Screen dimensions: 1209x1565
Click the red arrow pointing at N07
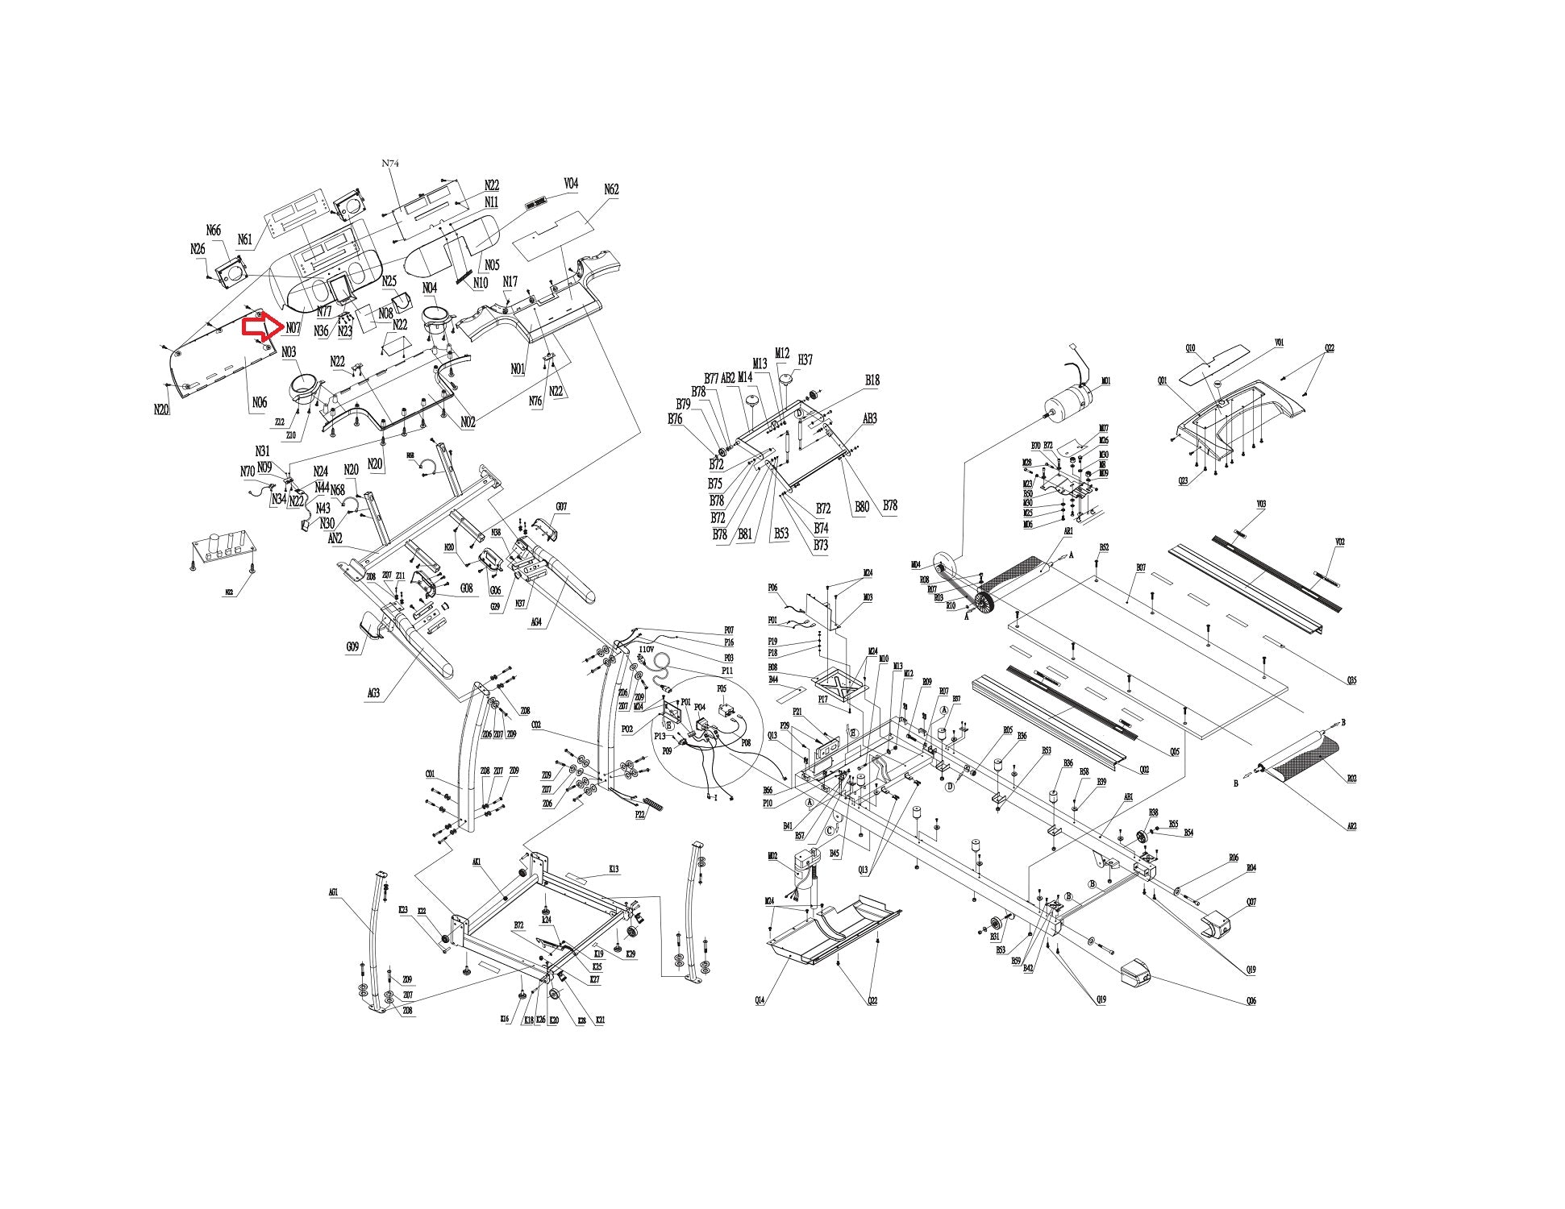(x=260, y=326)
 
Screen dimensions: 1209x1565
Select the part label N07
(x=293, y=328)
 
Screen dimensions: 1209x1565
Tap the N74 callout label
(x=390, y=164)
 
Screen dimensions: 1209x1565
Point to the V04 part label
(x=571, y=185)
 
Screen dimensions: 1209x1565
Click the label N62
(x=611, y=189)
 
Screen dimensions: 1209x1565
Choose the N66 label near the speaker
(x=214, y=231)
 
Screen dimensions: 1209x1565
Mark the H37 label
(x=805, y=359)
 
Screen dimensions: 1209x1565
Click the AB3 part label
(x=870, y=418)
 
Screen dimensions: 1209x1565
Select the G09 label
(x=352, y=646)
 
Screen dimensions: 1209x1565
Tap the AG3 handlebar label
(x=373, y=692)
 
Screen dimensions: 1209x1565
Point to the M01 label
(x=1106, y=381)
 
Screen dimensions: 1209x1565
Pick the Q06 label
(x=1251, y=1001)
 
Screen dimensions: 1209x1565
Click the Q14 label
(x=760, y=1000)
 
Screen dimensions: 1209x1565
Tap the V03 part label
(x=1261, y=505)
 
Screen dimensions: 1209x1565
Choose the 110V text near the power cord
(x=646, y=650)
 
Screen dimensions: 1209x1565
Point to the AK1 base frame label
(x=477, y=862)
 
